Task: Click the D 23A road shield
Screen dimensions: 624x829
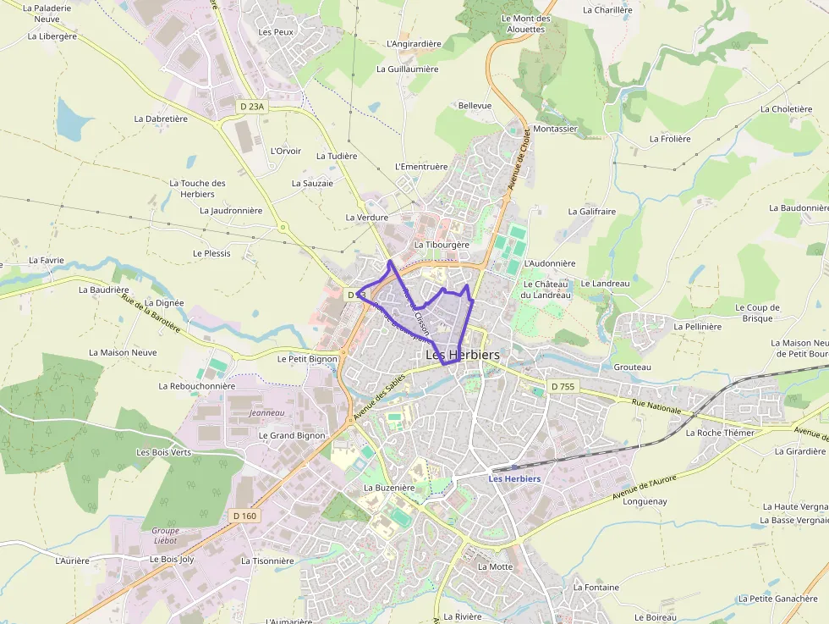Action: point(252,107)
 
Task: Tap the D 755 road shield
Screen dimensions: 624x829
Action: point(562,386)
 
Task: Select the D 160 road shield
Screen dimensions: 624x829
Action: point(244,516)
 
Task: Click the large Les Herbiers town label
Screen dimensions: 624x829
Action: point(462,356)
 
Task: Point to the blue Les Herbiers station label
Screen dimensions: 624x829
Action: point(514,479)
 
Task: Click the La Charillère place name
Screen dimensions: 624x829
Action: point(607,10)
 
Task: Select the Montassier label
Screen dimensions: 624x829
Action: point(556,130)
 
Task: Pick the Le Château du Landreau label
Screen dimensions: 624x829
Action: point(546,290)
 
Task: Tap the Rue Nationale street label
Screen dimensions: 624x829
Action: point(656,407)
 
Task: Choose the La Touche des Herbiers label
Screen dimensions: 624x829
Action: point(197,189)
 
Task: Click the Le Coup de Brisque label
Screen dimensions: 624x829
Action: point(757,313)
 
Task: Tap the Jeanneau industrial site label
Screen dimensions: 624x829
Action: point(267,413)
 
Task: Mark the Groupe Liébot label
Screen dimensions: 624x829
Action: point(165,536)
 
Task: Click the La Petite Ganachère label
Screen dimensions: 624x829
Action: point(777,599)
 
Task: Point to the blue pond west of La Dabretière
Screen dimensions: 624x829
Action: point(74,119)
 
